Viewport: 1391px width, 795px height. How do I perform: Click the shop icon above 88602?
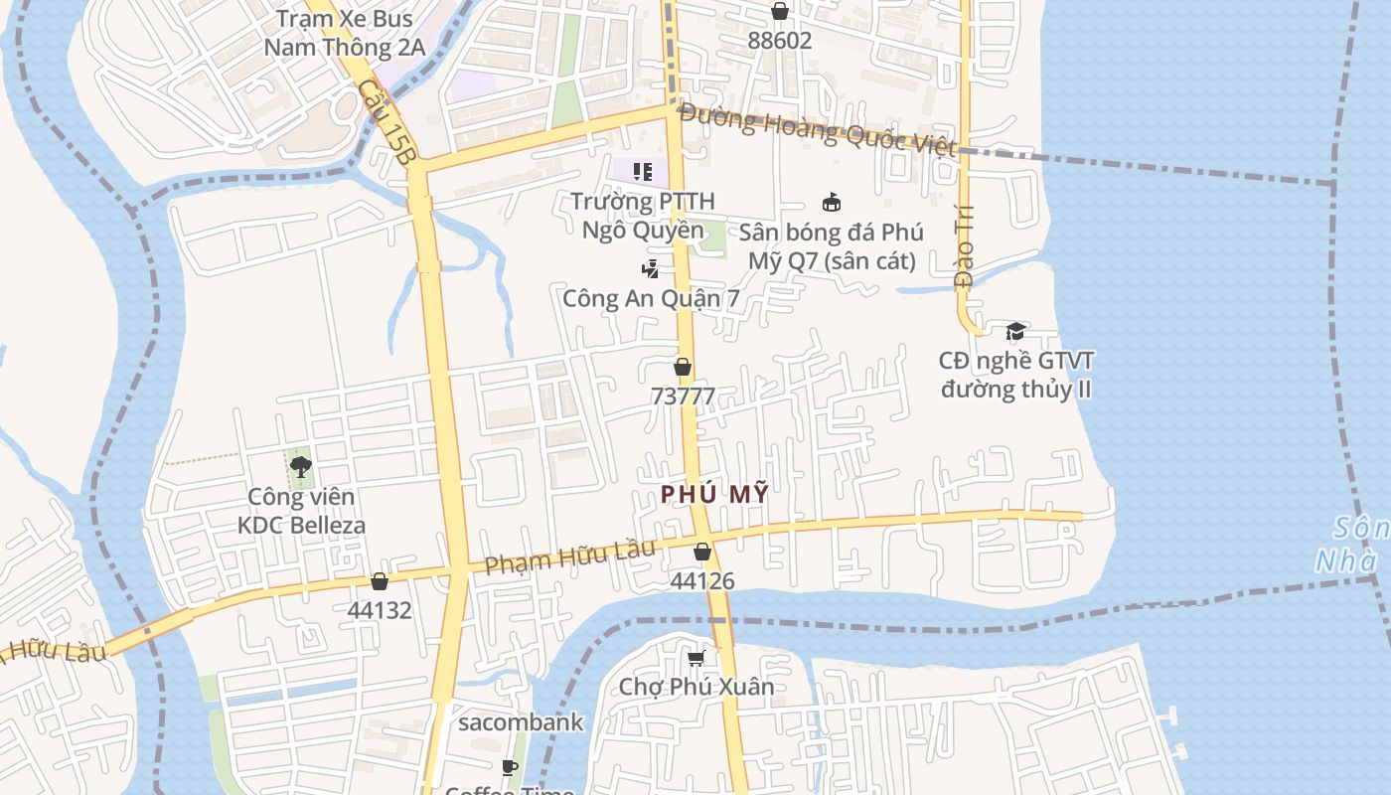tap(780, 11)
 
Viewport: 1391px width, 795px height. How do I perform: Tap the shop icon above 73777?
tap(683, 367)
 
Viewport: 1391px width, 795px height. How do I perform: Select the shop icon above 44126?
tap(702, 552)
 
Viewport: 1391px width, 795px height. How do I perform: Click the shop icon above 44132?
tap(379, 581)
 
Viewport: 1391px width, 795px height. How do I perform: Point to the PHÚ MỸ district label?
tap(714, 493)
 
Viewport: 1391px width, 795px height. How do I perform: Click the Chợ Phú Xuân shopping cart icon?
tap(696, 658)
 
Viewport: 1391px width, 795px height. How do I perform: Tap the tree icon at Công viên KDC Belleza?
tap(300, 466)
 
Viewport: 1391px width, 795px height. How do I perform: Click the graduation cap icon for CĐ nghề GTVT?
tap(1015, 331)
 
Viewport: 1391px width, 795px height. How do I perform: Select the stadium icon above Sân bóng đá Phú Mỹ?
tap(832, 203)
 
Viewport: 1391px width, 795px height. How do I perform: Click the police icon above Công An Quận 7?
tap(650, 268)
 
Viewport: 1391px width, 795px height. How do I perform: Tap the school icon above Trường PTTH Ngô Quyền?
tap(642, 172)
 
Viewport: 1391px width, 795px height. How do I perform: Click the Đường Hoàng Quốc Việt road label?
tap(817, 130)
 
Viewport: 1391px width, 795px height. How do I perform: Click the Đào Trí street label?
tap(963, 252)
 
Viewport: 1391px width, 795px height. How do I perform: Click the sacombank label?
tap(520, 722)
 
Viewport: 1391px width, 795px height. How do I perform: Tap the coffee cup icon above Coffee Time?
tap(510, 767)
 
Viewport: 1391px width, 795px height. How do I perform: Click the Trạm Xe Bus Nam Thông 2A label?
tap(345, 32)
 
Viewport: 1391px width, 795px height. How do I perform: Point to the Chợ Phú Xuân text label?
tap(696, 687)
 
